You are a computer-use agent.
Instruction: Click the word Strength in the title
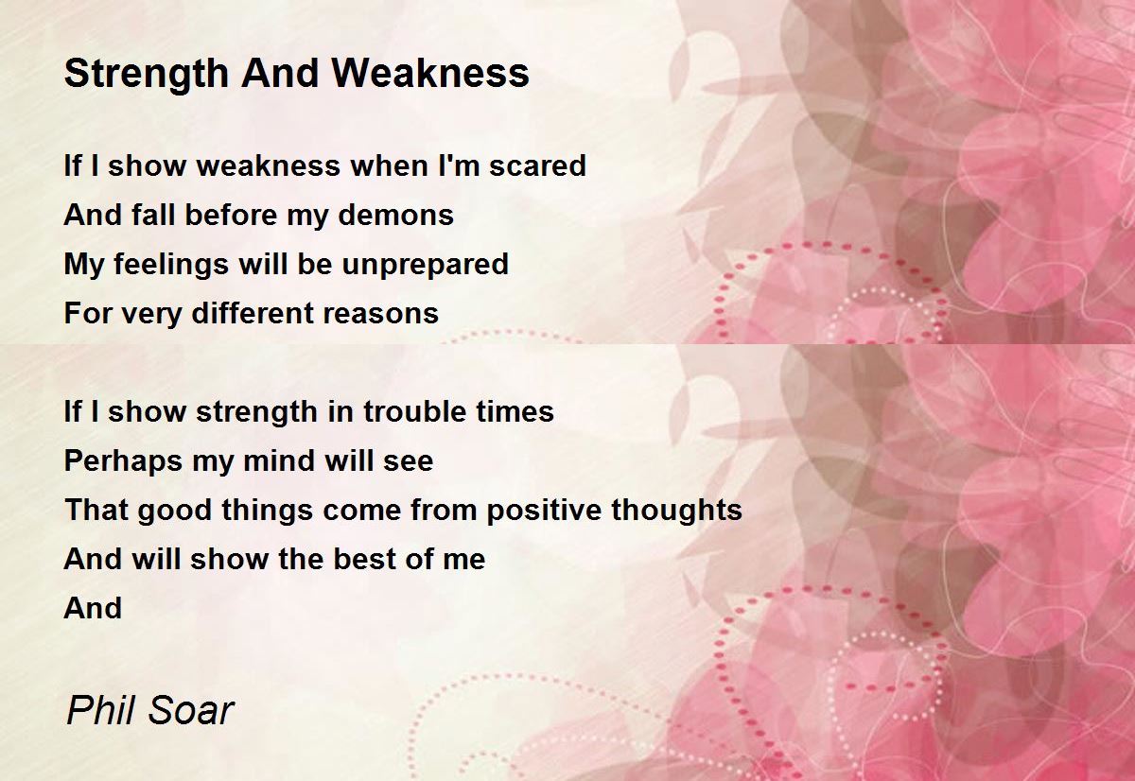point(147,74)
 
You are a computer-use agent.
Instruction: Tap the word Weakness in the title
point(430,73)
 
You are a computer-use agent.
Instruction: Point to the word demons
point(395,215)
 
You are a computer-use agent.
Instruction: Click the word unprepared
point(425,265)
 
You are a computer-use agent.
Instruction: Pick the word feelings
point(171,265)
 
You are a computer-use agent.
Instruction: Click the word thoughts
point(677,511)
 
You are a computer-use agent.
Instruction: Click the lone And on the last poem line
point(94,608)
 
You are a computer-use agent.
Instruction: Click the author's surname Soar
point(191,711)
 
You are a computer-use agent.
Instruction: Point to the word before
point(231,215)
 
